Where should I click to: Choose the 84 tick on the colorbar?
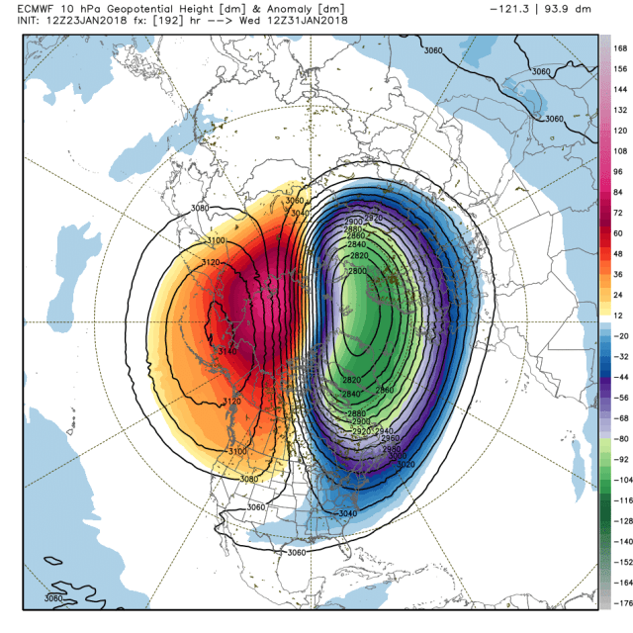tap(620, 193)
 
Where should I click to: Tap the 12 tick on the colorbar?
tap(620, 315)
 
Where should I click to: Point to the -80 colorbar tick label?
tap(622, 437)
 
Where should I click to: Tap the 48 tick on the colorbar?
tap(620, 254)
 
